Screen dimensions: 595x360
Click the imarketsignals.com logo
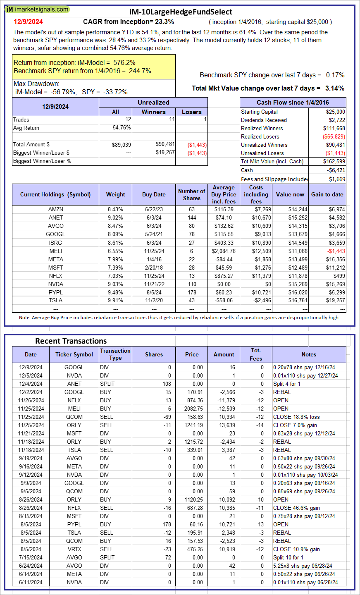37,9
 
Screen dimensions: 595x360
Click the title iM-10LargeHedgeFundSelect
181,12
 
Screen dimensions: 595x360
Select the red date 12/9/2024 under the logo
28,22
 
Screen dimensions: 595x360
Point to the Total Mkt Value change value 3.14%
334,88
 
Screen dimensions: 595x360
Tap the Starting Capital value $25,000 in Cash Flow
335,112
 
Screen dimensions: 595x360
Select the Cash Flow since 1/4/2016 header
293,103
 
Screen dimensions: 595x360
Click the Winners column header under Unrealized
153,112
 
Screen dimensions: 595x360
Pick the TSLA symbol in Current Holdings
56,301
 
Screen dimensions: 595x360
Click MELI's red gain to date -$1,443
336,251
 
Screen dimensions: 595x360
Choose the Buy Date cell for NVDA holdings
154,284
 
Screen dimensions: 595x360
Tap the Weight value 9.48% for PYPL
115,292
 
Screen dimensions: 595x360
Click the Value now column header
290,195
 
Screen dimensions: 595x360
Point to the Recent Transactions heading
71,341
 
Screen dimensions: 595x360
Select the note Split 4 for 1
287,384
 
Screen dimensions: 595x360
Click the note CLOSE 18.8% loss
296,417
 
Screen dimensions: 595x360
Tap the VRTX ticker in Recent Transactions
74,549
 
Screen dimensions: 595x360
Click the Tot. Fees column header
256,354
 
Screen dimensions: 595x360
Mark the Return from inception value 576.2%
125,63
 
